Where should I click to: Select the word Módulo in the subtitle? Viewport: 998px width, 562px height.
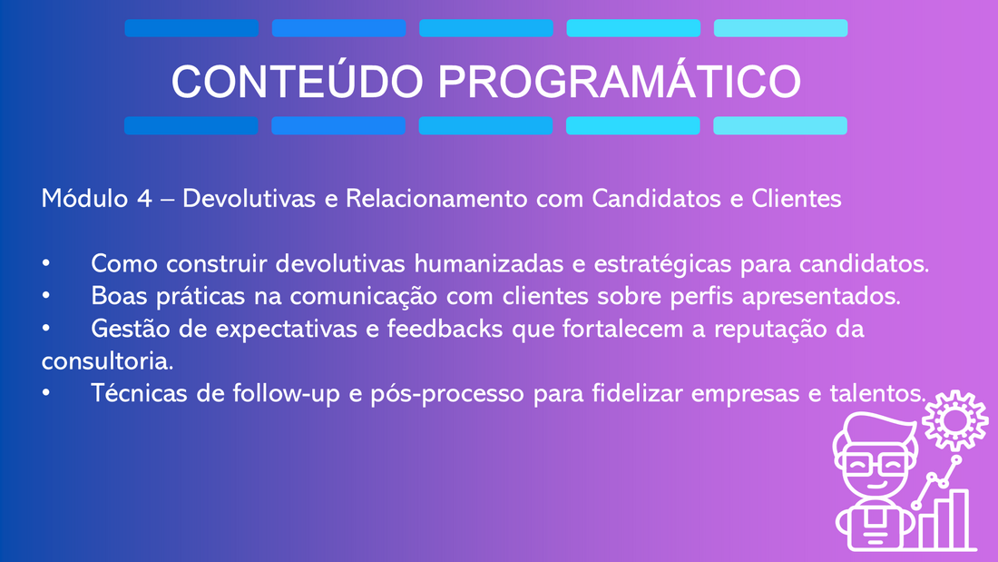point(84,198)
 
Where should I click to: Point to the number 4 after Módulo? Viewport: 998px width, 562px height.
point(144,199)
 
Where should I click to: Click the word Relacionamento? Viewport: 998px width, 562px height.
point(436,199)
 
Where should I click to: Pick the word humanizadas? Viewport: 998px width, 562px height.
point(489,263)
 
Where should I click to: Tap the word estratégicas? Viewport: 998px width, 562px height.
point(662,264)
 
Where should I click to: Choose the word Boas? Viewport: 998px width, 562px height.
point(119,296)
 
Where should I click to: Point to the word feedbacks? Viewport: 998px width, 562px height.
point(445,329)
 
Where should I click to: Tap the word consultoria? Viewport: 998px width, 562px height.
point(107,361)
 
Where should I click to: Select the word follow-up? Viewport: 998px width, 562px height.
point(287,393)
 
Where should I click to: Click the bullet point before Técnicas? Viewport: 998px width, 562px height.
point(46,392)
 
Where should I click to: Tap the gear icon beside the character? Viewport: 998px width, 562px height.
point(954,421)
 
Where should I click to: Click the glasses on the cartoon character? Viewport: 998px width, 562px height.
point(876,463)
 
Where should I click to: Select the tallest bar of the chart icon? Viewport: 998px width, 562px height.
point(959,518)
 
